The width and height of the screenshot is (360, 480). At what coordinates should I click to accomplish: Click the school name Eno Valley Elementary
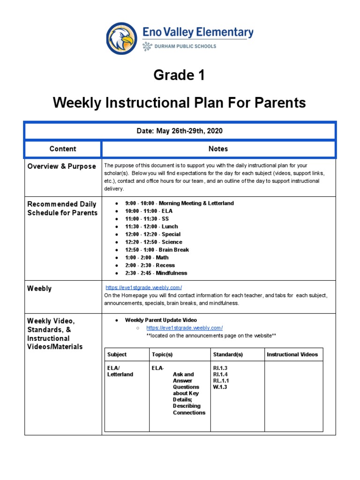click(x=197, y=33)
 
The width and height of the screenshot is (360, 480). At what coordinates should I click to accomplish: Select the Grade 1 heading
click(x=180, y=75)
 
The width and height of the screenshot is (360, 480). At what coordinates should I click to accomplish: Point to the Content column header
click(x=63, y=149)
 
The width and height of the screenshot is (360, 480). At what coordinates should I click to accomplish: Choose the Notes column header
click(x=218, y=149)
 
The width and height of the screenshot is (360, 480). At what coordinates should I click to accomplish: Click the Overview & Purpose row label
click(x=61, y=166)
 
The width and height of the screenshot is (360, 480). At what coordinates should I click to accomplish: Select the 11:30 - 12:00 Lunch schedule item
click(x=151, y=226)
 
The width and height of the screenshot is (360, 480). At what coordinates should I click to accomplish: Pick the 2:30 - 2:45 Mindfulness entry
click(x=156, y=273)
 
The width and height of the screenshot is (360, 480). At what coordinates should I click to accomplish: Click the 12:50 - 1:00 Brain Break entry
click(x=157, y=250)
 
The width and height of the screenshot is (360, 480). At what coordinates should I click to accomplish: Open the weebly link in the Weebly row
click(x=143, y=287)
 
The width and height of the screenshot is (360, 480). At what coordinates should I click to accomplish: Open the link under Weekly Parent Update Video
click(x=184, y=328)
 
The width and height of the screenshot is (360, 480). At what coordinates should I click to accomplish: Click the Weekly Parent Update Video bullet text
click(x=161, y=320)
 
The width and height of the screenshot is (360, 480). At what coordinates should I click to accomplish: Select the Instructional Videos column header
click(x=292, y=354)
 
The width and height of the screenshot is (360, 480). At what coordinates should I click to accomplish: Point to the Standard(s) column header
click(x=228, y=354)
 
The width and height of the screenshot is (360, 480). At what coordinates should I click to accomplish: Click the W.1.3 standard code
click(x=220, y=387)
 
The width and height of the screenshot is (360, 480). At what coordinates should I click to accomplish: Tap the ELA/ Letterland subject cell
click(x=120, y=371)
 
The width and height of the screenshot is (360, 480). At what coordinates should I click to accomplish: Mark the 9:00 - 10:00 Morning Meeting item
click(x=179, y=203)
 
